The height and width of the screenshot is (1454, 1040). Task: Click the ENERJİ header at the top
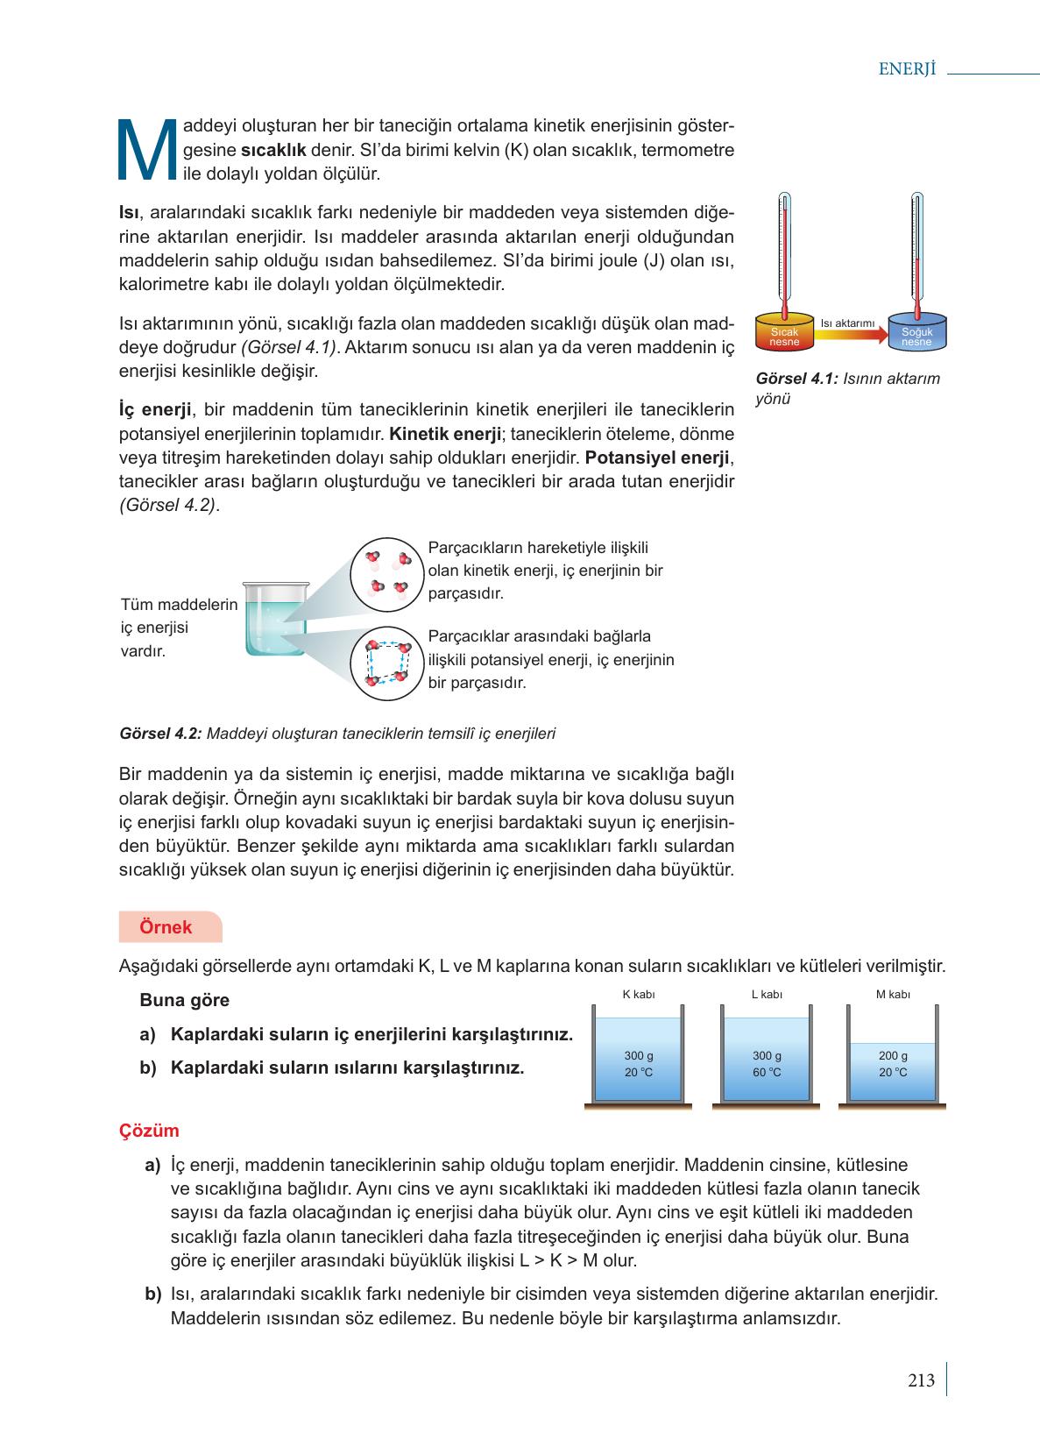(x=907, y=70)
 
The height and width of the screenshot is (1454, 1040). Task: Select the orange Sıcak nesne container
(x=784, y=332)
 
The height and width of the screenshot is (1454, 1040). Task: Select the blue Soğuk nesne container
(x=916, y=332)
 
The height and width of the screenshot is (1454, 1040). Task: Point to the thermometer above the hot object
(x=785, y=250)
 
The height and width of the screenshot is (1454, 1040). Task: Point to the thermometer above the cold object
(x=916, y=250)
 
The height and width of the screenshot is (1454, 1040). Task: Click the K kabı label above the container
(x=638, y=994)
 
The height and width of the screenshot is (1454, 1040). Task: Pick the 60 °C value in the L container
(x=767, y=1073)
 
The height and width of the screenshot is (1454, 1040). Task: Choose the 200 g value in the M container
(x=893, y=1056)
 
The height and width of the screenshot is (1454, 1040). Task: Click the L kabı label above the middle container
(x=767, y=994)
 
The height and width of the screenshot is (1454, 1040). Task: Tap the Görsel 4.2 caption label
(x=160, y=734)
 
